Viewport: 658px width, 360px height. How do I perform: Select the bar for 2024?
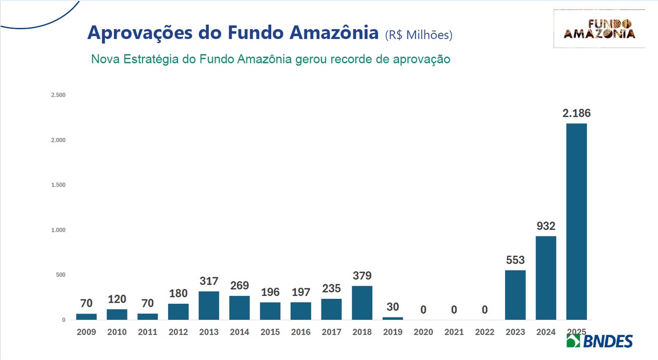pos(545,278)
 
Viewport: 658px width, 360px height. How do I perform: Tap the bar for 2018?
pos(362,303)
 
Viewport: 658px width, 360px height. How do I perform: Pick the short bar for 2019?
pos(393,318)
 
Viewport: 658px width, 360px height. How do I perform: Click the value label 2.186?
pos(576,113)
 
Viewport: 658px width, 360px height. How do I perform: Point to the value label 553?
pos(515,260)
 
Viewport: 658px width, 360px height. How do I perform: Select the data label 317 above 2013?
pos(209,282)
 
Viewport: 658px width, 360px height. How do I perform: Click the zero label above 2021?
pos(454,310)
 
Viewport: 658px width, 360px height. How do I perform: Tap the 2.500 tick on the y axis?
pos(58,95)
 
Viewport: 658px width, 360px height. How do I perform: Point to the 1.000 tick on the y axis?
pos(58,230)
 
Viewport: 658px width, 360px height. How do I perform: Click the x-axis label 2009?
pos(86,332)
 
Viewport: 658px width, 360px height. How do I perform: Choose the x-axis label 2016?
pos(301,332)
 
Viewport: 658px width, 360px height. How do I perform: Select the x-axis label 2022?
pos(485,332)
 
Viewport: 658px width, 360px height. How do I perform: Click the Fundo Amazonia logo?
pos(599,29)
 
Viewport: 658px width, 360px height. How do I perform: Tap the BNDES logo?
pos(599,341)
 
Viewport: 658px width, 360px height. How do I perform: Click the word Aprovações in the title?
pos(140,33)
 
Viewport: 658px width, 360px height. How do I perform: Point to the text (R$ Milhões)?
pos(418,35)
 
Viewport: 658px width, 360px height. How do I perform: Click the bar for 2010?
pos(117,314)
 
